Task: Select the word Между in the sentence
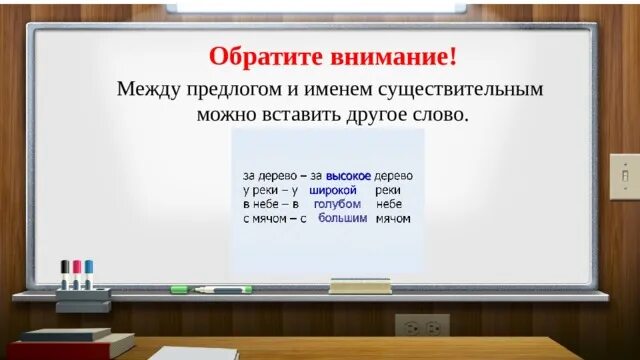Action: tap(145, 89)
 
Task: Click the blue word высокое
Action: tap(348, 174)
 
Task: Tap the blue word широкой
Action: tap(333, 189)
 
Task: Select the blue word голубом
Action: tap(337, 203)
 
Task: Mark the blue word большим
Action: tap(343, 217)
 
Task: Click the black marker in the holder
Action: tap(65, 273)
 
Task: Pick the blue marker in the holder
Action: tap(89, 273)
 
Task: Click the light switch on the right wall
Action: tap(624, 173)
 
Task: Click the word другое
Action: tap(358, 114)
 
